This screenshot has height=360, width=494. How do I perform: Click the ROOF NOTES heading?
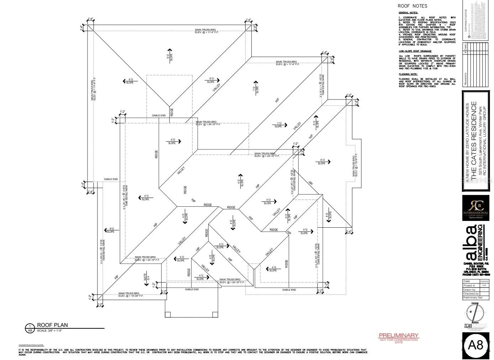click(x=412, y=6)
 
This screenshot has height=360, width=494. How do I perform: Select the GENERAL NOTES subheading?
click(x=408, y=13)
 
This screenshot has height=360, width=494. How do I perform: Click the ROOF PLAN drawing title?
click(x=52, y=325)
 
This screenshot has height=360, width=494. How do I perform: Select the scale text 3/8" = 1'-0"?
click(x=50, y=331)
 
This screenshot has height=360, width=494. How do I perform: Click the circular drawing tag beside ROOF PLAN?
click(x=30, y=328)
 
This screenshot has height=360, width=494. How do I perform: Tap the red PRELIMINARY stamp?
click(x=398, y=335)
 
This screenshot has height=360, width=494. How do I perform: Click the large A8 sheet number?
click(x=476, y=345)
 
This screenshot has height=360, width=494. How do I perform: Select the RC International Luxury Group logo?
click(x=475, y=208)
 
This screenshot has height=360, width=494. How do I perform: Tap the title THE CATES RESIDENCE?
click(x=474, y=141)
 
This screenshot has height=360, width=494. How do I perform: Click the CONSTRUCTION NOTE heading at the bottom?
click(x=31, y=345)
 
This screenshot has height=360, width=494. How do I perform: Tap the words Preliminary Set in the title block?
click(x=473, y=298)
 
